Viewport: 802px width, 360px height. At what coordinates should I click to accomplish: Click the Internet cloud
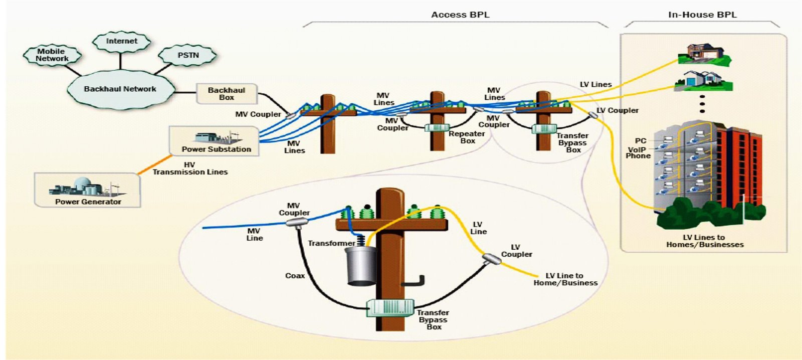tap(121, 41)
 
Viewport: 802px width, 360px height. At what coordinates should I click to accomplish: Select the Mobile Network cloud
tap(52, 55)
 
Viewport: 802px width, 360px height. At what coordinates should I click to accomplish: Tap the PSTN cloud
tap(188, 55)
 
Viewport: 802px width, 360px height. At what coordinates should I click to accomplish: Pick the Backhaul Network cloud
tap(120, 89)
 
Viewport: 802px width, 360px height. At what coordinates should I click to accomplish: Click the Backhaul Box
tap(227, 94)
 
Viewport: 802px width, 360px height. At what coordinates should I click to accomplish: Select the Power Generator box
tap(88, 191)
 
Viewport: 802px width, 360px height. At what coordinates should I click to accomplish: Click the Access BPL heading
tap(460, 15)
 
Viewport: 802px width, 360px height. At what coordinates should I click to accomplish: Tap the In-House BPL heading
tap(702, 15)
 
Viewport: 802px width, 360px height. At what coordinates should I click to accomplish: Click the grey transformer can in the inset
tap(360, 266)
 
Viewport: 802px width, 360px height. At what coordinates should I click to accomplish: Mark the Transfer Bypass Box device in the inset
tap(390, 307)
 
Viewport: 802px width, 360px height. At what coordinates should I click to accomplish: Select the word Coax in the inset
tap(295, 276)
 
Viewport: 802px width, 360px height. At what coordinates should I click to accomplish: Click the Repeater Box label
tap(467, 137)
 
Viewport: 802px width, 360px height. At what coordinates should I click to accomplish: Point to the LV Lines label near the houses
tap(595, 85)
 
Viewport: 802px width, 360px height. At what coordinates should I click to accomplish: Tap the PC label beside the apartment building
tap(641, 141)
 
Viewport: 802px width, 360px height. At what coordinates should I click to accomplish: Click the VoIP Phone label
tap(638, 152)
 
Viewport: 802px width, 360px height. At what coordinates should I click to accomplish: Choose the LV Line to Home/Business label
tap(565, 279)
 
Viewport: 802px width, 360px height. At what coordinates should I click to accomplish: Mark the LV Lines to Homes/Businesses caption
tap(704, 241)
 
